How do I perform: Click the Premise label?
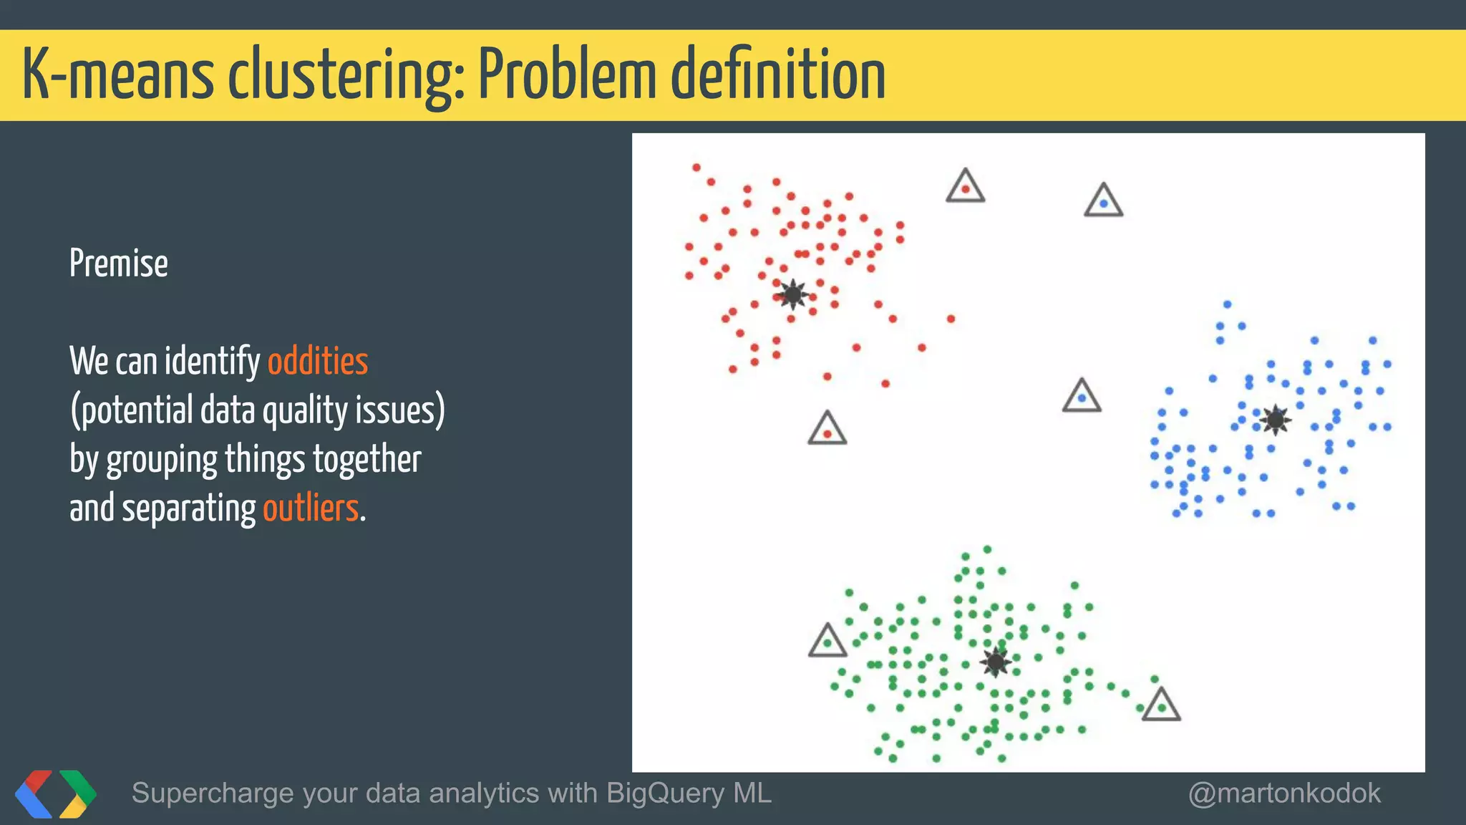pos(119,264)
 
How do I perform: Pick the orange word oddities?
pos(318,361)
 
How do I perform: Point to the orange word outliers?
pos(311,508)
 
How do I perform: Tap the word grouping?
pos(162,460)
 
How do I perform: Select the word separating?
pos(189,508)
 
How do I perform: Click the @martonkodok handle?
pos(1284,793)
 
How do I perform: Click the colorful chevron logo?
pos(56,793)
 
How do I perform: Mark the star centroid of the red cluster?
pos(792,294)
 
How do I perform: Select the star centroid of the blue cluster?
pos(1275,420)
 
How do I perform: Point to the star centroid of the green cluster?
pos(995,662)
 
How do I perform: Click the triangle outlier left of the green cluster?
pos(827,642)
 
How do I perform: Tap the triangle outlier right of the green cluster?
pos(1160,705)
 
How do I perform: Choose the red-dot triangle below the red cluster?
pos(827,430)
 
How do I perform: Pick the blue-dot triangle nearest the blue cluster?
pos(1082,397)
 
